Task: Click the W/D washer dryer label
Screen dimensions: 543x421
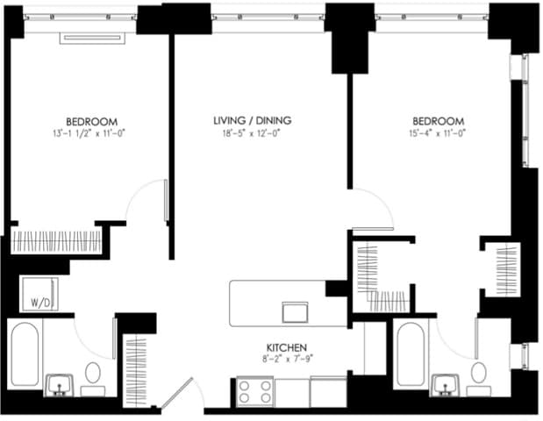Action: (x=40, y=303)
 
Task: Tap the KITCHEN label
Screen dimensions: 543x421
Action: (x=286, y=347)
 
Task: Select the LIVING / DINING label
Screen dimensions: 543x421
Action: (x=252, y=120)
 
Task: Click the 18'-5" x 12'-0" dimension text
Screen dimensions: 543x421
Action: (x=251, y=133)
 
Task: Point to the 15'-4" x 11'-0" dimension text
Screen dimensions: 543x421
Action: (x=438, y=133)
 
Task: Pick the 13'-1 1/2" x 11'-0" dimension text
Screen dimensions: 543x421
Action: (x=89, y=133)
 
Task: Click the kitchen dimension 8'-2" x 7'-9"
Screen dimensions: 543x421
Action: (x=287, y=359)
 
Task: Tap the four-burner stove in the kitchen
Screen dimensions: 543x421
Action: (x=255, y=391)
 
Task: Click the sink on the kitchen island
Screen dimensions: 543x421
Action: (x=295, y=312)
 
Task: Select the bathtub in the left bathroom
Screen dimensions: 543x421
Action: (x=25, y=353)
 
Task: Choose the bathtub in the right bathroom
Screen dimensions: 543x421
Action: (x=411, y=354)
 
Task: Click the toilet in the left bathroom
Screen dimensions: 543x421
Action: (x=93, y=379)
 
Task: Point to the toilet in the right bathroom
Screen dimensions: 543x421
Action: (x=479, y=379)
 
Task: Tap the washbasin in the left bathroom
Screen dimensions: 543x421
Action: (x=60, y=385)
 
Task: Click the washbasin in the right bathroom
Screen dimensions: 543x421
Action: (x=446, y=385)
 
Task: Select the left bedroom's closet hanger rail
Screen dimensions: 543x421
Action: (x=56, y=242)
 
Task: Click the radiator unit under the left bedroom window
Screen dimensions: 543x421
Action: (x=92, y=38)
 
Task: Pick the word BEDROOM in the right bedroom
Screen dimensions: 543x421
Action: (x=438, y=122)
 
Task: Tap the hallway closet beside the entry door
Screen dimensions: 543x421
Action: (x=137, y=370)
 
